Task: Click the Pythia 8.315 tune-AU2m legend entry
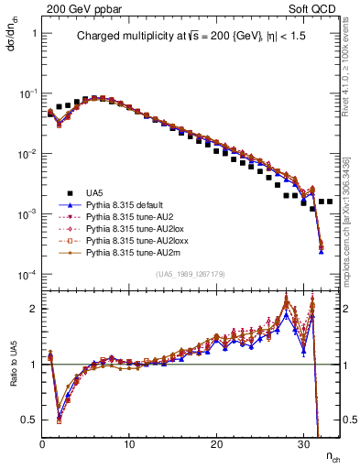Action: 127,262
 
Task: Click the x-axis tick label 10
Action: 129,446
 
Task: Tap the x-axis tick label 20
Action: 216,446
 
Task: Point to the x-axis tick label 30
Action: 303,446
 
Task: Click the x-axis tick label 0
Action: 42,446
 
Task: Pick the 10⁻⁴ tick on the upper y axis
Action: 25,276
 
